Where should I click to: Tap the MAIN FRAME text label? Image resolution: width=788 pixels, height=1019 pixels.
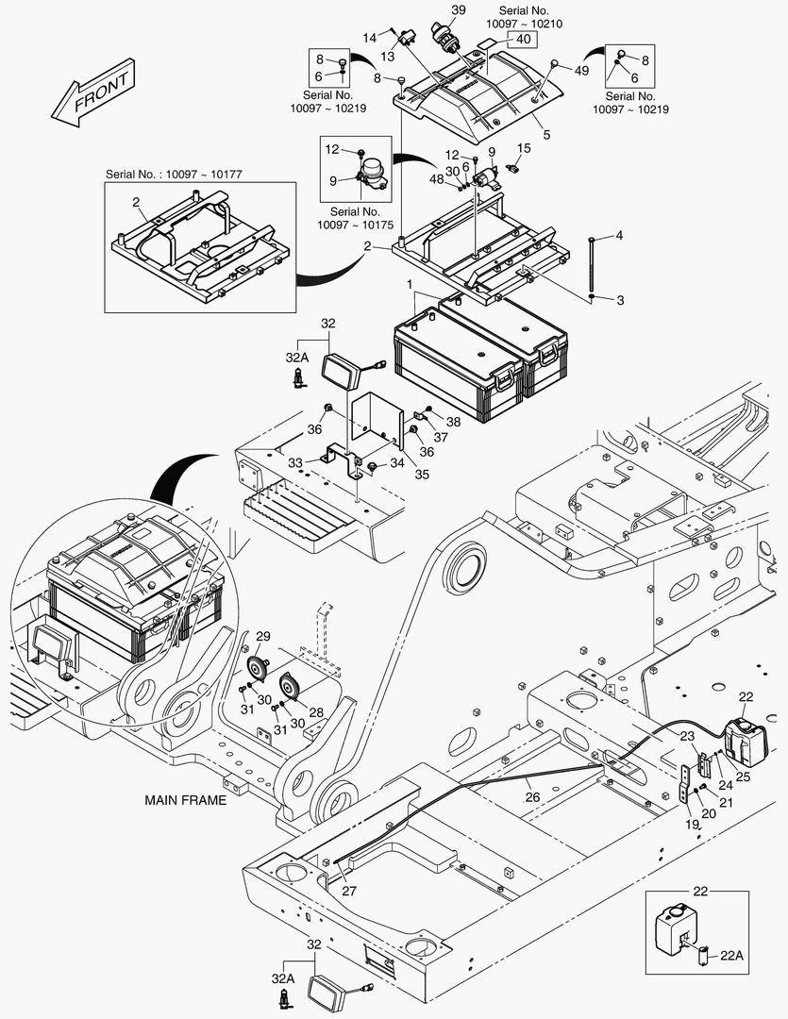point(185,800)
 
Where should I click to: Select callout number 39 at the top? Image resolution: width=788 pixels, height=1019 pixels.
point(457,9)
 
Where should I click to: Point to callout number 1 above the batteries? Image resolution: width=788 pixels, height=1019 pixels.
point(410,283)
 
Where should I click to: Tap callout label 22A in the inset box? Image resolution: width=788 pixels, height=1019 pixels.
point(732,955)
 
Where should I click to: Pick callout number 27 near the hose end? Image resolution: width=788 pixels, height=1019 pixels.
point(350,890)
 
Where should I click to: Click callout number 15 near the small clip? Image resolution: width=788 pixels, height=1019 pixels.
point(525,148)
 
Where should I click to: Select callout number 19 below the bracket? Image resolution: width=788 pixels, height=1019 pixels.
point(692,824)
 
